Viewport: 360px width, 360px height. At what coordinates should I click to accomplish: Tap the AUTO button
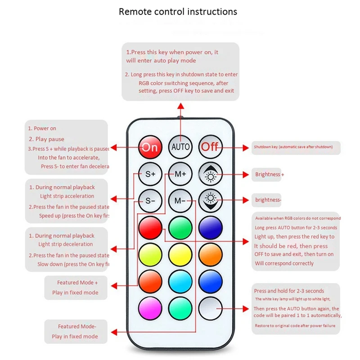click(180, 147)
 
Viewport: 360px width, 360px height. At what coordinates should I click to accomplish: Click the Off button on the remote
click(210, 147)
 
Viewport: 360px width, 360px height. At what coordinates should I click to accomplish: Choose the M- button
click(180, 200)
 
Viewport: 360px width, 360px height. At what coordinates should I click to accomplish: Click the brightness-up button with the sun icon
click(210, 174)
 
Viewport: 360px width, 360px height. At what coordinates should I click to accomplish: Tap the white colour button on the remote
click(210, 308)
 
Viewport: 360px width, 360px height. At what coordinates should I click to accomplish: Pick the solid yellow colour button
click(180, 254)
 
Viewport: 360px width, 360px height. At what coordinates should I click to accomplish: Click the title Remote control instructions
click(178, 11)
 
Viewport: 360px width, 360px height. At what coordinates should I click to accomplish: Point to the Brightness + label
click(270, 175)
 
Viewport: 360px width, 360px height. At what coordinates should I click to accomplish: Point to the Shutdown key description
click(295, 147)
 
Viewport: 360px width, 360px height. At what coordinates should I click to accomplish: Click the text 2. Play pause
click(47, 139)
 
